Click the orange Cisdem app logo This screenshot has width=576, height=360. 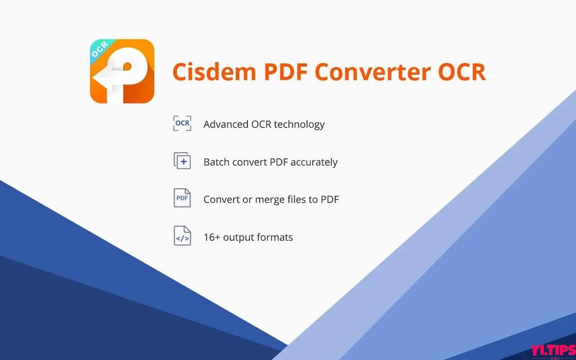tap(122, 71)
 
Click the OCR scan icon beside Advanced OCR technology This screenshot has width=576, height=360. tap(182, 123)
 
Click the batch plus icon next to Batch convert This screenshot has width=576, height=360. tap(182, 161)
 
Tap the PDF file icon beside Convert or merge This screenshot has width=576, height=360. tap(182, 198)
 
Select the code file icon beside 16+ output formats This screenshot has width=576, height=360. tap(182, 236)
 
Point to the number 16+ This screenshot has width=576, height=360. tap(212, 237)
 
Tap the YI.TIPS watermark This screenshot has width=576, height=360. tap(552, 350)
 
